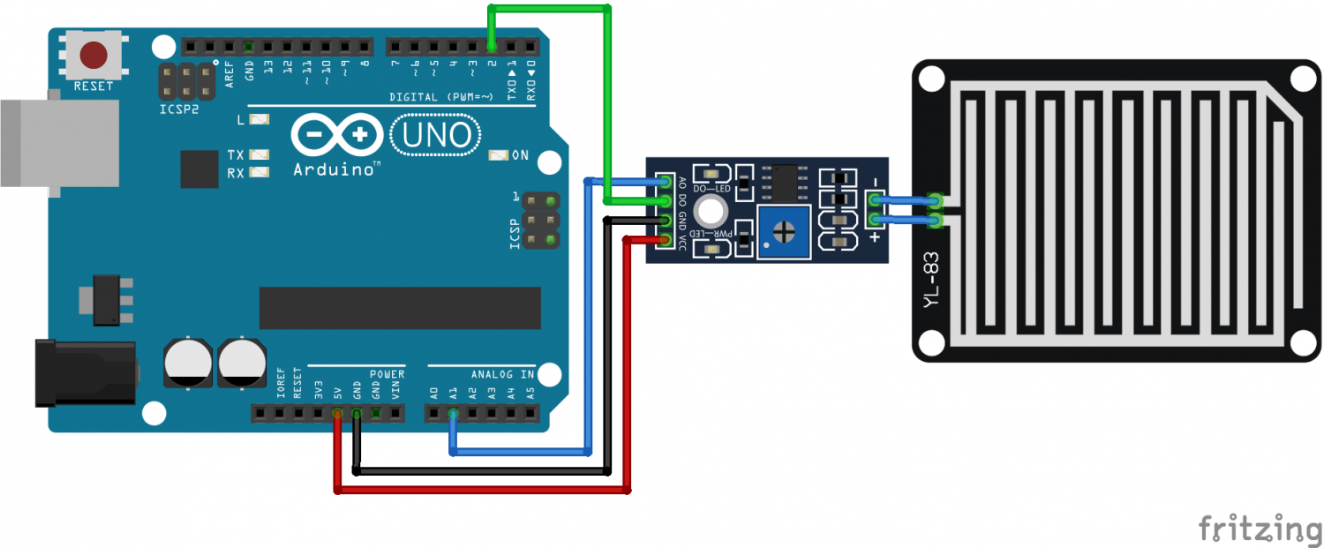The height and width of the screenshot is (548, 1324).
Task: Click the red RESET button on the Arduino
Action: coord(94,56)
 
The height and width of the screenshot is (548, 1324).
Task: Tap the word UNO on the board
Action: coord(436,135)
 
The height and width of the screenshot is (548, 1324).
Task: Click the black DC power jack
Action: coord(84,373)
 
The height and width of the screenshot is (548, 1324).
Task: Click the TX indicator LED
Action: coord(259,154)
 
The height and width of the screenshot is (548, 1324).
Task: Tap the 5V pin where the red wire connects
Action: coord(336,413)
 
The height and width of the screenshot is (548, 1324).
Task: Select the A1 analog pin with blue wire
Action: coord(453,413)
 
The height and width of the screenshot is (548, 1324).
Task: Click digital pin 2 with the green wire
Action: coord(492,46)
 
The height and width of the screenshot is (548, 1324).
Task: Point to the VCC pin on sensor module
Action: coord(666,240)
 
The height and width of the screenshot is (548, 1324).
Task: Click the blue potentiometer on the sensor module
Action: coord(783,234)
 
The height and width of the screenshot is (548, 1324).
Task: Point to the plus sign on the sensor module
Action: coord(875,236)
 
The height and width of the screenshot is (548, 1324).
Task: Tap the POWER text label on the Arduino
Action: coord(387,375)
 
